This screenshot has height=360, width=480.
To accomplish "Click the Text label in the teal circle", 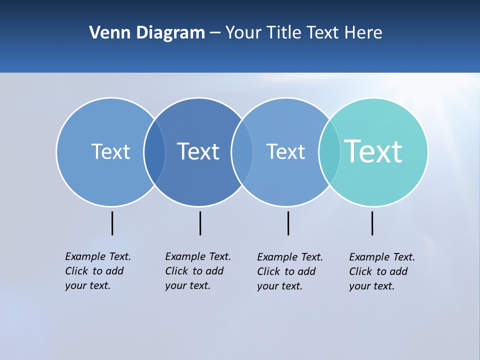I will click(373, 151).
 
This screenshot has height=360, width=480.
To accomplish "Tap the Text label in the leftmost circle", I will click(110, 151).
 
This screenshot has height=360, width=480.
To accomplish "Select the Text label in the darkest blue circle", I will click(198, 151).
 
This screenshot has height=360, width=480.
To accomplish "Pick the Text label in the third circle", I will click(285, 151).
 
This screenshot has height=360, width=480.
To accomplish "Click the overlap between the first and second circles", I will click(154, 152).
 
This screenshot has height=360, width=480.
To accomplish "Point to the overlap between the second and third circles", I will click(242, 152).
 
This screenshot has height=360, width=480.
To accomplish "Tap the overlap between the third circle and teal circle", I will click(329, 152).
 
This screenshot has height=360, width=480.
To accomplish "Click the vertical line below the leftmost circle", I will click(112, 223).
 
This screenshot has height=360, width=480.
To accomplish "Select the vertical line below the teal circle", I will click(372, 223).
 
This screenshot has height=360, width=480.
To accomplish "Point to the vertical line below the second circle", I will click(200, 223).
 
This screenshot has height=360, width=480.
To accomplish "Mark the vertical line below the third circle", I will click(288, 223).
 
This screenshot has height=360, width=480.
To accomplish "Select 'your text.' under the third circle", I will click(279, 286).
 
